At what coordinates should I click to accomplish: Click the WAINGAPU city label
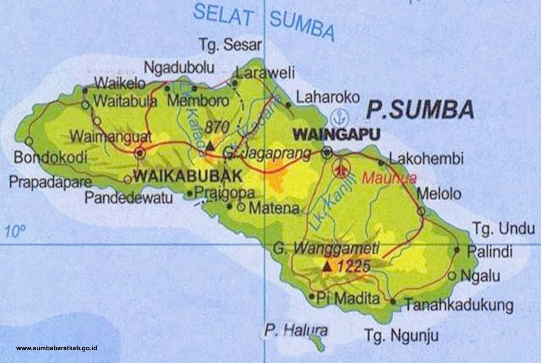coord(337,135)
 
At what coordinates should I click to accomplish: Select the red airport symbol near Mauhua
coord(340,169)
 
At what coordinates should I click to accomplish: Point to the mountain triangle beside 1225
coord(327,266)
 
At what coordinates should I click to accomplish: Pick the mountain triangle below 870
coord(210,146)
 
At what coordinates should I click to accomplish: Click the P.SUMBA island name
coord(420,110)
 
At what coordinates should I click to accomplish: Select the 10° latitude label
coord(15,231)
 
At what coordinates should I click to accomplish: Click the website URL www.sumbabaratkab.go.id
coord(57,348)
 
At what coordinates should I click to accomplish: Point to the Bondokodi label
coord(50,158)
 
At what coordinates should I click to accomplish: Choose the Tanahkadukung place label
coord(459,305)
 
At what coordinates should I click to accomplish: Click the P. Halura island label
coord(296,330)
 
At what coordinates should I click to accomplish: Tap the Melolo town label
coord(439,194)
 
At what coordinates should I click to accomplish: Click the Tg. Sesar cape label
coord(231,44)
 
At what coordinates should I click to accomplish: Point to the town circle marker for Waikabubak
coord(140,153)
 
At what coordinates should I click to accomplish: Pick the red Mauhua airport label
coord(389,178)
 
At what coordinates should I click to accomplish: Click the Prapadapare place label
coord(50,182)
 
